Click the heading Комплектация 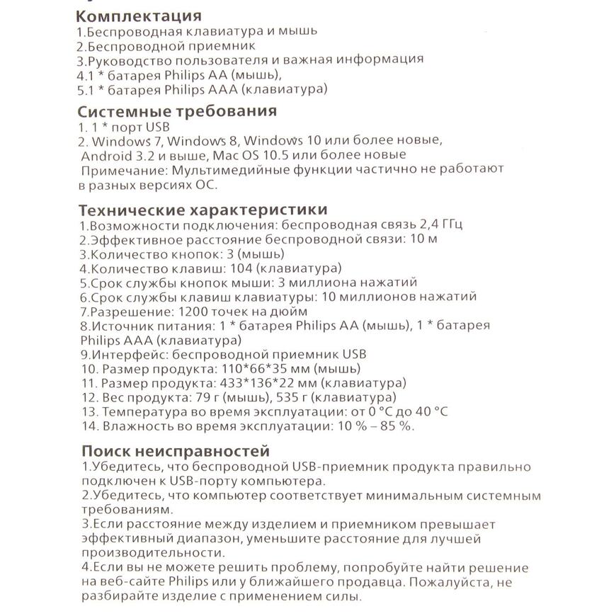point(139,16)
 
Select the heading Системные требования point(176,111)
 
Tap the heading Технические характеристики point(203,210)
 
